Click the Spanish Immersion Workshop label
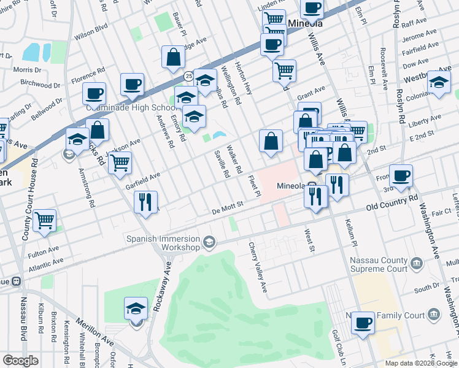point(163,243)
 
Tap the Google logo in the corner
point(20,361)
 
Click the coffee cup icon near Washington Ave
point(401,176)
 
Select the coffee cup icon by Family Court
point(364,322)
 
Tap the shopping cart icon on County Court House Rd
point(45,221)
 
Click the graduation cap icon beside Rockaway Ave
point(136,308)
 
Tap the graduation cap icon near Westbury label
point(439,83)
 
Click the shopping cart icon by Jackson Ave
point(120,163)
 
